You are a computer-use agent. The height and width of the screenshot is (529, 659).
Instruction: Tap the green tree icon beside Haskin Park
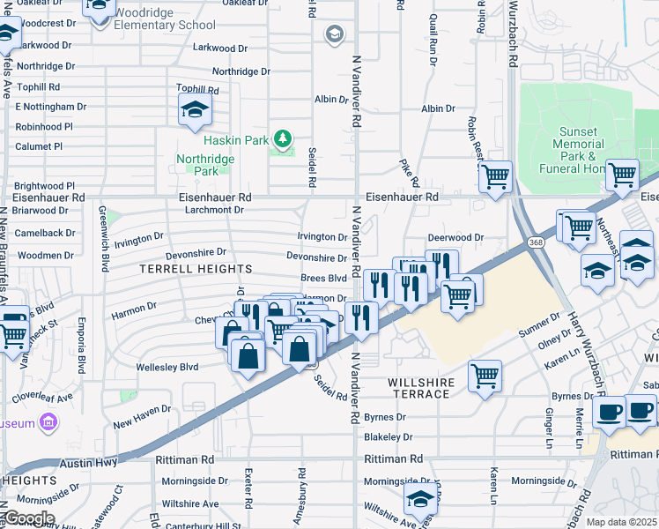(x=282, y=138)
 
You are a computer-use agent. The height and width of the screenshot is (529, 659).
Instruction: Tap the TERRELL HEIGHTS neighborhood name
(x=196, y=268)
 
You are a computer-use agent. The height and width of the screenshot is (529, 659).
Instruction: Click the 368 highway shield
(x=536, y=242)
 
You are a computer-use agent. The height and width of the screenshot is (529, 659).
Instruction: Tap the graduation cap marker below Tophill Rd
(x=193, y=111)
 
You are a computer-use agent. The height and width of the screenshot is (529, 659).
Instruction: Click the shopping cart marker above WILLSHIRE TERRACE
(x=485, y=376)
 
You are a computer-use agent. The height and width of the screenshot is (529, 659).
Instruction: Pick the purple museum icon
(x=48, y=424)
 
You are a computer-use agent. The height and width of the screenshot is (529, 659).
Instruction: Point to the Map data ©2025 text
(x=620, y=522)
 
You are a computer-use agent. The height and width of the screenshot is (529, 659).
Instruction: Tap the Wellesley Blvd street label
(x=167, y=367)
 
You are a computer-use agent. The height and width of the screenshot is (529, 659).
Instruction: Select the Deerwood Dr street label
(x=455, y=237)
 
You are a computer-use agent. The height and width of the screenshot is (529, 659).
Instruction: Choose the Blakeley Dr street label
(x=388, y=436)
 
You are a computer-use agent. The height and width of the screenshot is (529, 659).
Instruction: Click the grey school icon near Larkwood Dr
(x=334, y=34)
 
